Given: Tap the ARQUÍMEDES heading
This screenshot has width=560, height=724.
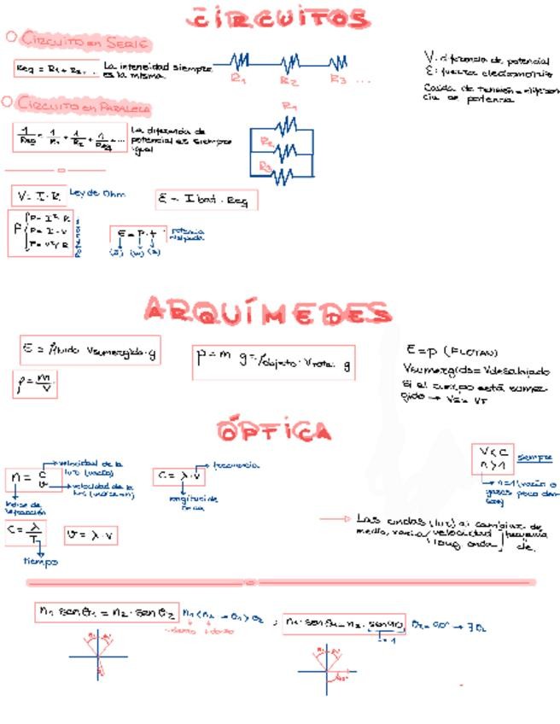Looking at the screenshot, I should pyautogui.click(x=268, y=312).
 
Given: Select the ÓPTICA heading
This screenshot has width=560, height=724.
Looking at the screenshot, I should pyautogui.click(x=274, y=430).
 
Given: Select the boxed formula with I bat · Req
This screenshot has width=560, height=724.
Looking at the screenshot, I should pyautogui.click(x=206, y=200).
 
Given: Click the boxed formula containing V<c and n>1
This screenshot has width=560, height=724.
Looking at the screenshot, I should pyautogui.click(x=492, y=459).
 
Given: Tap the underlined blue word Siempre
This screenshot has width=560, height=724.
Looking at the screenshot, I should pyautogui.click(x=535, y=457).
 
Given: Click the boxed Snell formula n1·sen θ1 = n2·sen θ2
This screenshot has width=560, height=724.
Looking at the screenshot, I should pyautogui.click(x=106, y=611).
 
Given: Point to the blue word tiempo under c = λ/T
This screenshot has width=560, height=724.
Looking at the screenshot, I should pyautogui.click(x=40, y=561).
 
